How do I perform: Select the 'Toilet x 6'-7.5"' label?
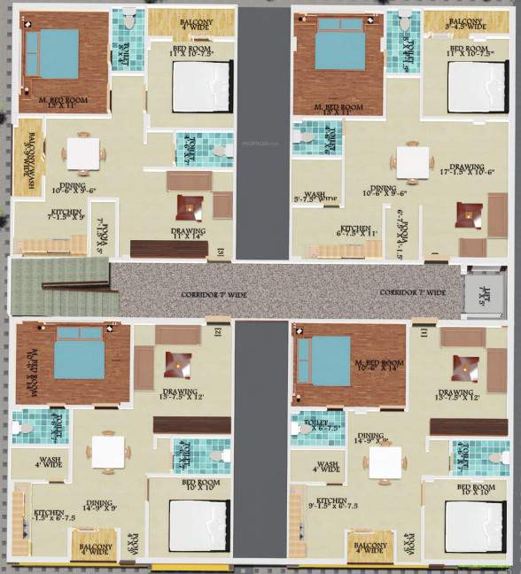[316, 426]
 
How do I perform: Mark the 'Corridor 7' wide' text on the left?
[213, 294]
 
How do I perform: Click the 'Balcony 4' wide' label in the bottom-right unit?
[370, 546]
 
